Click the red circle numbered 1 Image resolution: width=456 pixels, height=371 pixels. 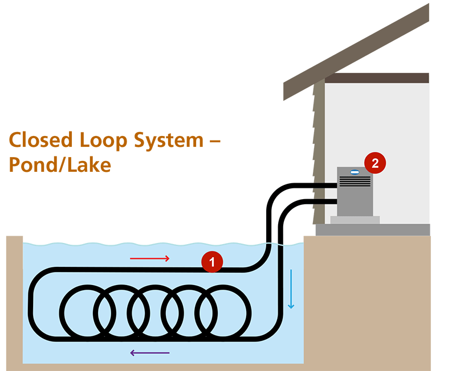tap(212, 262)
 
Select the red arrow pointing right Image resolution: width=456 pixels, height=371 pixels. tap(150, 259)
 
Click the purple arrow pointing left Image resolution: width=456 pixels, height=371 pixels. tap(150, 353)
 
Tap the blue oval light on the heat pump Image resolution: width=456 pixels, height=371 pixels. tap(355, 172)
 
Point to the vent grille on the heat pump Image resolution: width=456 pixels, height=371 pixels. tap(355, 182)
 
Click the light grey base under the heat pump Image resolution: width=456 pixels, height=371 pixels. tap(355, 220)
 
